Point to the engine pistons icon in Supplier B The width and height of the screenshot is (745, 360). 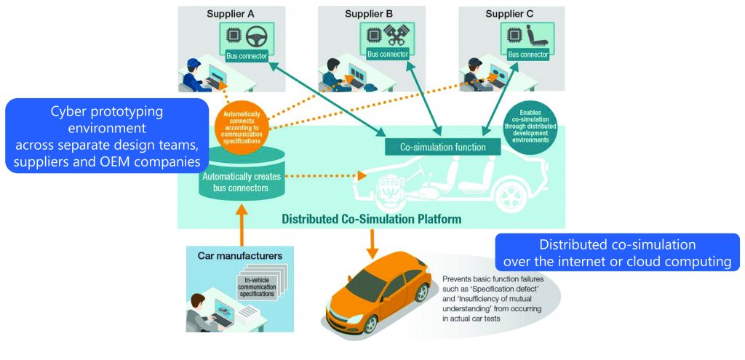pyautogui.click(x=397, y=36)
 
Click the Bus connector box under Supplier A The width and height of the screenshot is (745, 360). pyautogui.click(x=247, y=55)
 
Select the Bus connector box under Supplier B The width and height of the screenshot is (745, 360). pyautogui.click(x=388, y=55)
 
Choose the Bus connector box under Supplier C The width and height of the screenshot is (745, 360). pyautogui.click(x=528, y=55)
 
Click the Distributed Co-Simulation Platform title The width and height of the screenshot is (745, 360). pyautogui.click(x=371, y=218)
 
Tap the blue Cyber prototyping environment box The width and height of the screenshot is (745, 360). pyautogui.click(x=107, y=135)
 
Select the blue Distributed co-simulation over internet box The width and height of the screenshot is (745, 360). pyautogui.click(x=618, y=252)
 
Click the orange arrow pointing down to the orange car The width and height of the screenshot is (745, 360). pyautogui.click(x=374, y=243)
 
